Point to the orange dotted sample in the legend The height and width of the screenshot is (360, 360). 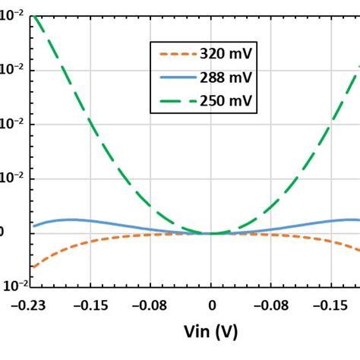tap(174, 54)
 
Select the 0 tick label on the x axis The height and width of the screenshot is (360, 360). tap(212, 305)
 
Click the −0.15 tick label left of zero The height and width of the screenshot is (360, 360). tap(90, 305)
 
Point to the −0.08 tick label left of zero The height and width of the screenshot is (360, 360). tap(150, 305)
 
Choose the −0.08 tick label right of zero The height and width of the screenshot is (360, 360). tap(271, 305)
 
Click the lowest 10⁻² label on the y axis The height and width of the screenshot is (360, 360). tap(14, 286)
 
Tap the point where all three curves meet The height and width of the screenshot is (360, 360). tap(212, 233)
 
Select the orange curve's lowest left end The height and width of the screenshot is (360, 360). tap(33, 267)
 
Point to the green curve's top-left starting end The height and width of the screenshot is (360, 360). tap(34, 16)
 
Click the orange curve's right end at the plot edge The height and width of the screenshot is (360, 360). tap(358, 250)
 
